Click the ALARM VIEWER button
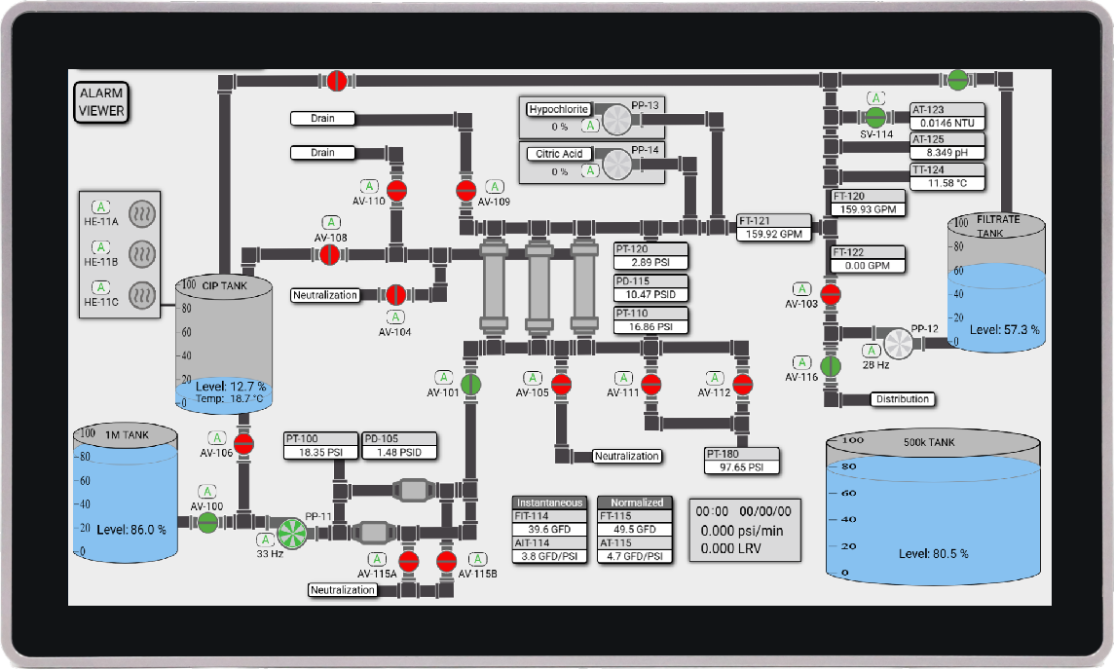tap(101, 102)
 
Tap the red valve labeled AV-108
tap(330, 254)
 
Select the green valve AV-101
tap(470, 385)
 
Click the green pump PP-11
tap(291, 533)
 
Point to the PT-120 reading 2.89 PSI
tap(650, 262)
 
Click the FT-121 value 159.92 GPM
tap(774, 234)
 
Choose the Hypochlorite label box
tap(559, 109)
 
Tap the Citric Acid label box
tap(559, 154)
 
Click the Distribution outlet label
tap(903, 399)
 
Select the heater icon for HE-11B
tap(142, 254)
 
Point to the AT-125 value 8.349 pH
tap(947, 153)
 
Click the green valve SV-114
tap(875, 117)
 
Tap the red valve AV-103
tap(831, 294)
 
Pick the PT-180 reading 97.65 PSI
tap(742, 466)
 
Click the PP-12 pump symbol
tap(898, 344)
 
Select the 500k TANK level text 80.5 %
tap(934, 553)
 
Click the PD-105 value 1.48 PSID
tap(399, 452)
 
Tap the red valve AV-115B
tap(446, 561)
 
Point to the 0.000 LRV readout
tap(731, 548)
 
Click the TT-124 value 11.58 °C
tap(947, 183)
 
